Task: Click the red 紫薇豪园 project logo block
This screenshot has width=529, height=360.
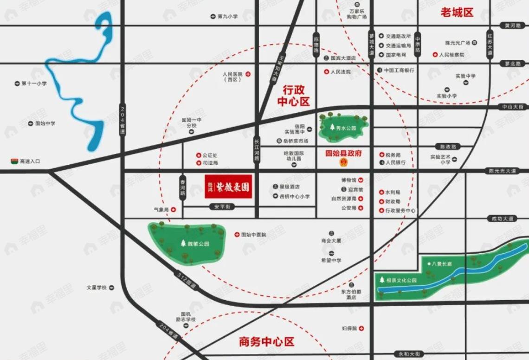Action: point(228,186)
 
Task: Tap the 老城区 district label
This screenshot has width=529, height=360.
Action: point(457,13)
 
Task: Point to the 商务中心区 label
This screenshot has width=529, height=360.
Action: point(267,342)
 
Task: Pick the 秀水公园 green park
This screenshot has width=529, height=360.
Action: point(344,127)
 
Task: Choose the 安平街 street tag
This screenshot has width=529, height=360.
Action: point(219,206)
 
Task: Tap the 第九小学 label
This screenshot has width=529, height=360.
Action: point(227,17)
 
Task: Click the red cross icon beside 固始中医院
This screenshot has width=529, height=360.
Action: point(237,235)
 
